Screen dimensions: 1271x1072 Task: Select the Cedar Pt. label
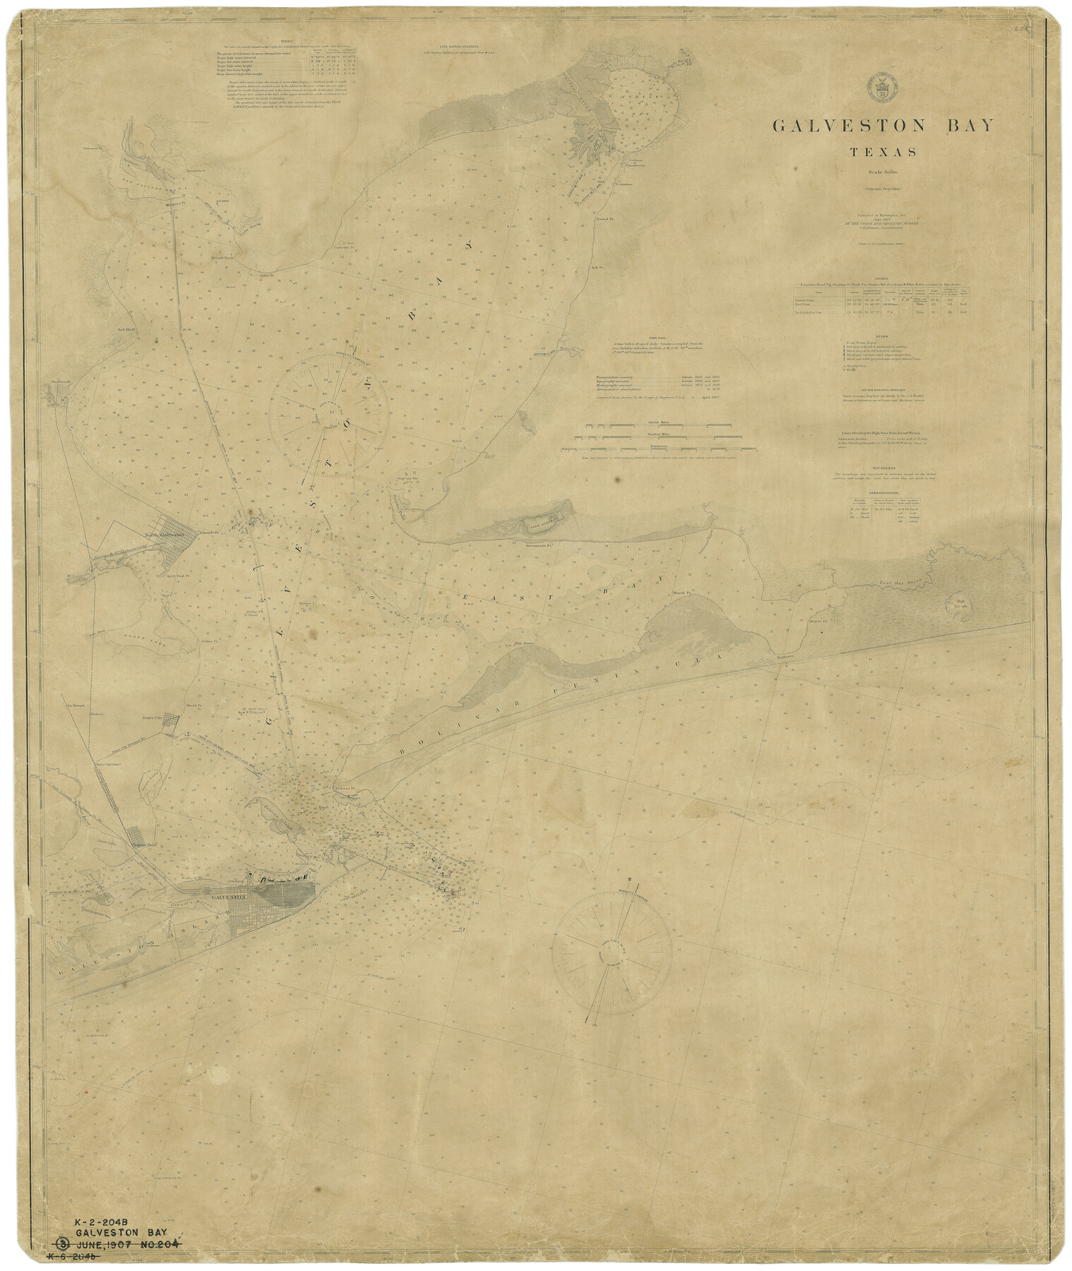pos(266,275)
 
